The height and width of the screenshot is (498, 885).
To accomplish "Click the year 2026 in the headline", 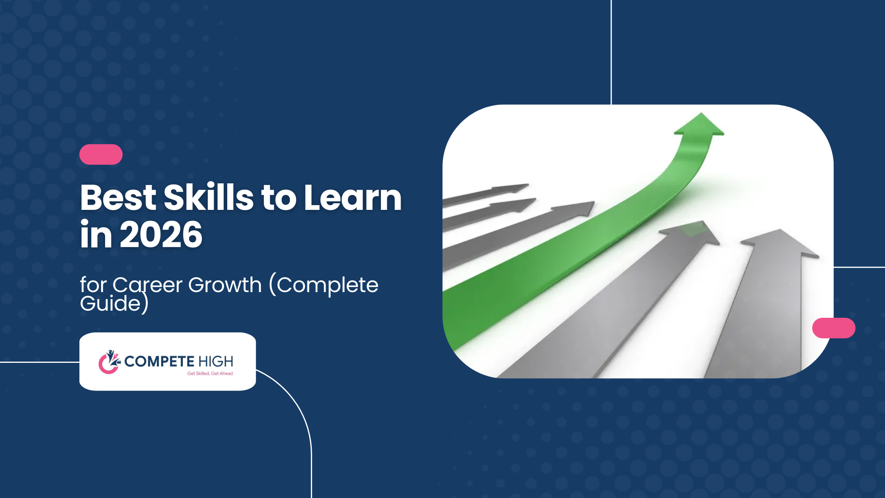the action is click(161, 234).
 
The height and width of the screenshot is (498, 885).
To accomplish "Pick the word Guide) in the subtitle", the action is click(114, 304).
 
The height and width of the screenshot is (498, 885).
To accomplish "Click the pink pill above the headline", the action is click(101, 154).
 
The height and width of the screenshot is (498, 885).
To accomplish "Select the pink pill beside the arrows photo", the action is click(834, 328).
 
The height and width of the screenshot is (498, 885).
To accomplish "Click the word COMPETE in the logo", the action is click(159, 361).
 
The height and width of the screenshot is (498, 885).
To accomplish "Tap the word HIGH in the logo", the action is click(216, 361).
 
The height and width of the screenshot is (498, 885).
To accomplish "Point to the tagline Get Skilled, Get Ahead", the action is click(210, 373).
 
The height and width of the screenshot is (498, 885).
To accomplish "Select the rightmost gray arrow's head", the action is click(780, 243).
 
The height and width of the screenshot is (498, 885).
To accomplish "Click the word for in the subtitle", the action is click(93, 285).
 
